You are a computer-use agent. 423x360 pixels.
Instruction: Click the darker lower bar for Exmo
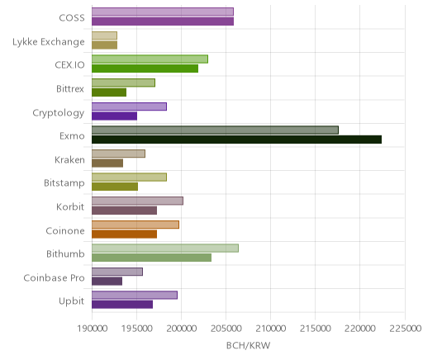point(236,140)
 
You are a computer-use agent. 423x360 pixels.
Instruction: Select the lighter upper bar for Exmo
point(215,130)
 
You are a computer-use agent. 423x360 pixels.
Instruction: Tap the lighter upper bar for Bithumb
point(165,248)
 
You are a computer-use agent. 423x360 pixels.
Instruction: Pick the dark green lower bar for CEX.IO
point(145,69)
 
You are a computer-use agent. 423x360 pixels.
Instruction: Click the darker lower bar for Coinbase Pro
point(107,282)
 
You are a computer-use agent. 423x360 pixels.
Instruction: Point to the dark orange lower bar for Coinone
point(124,234)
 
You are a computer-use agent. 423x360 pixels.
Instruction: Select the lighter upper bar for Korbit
point(137,201)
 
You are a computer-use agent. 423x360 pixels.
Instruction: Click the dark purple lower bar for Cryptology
point(114,116)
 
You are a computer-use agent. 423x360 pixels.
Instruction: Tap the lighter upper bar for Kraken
point(118,154)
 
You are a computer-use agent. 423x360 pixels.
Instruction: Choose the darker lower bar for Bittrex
point(109,92)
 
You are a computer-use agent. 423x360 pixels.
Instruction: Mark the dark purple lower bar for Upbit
point(122,305)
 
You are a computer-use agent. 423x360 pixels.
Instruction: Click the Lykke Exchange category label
point(49,42)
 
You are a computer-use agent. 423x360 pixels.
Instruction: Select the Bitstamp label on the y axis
point(64,183)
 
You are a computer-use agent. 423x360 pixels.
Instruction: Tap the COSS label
point(72,18)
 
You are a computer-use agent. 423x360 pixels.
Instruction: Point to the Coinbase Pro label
point(54,277)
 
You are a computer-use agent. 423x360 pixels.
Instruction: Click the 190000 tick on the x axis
point(92,329)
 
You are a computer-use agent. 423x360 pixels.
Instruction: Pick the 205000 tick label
point(226,329)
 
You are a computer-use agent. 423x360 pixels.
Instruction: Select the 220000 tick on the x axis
point(359,329)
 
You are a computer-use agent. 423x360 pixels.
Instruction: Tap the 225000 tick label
point(405,329)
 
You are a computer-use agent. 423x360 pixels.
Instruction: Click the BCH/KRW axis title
point(248,346)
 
